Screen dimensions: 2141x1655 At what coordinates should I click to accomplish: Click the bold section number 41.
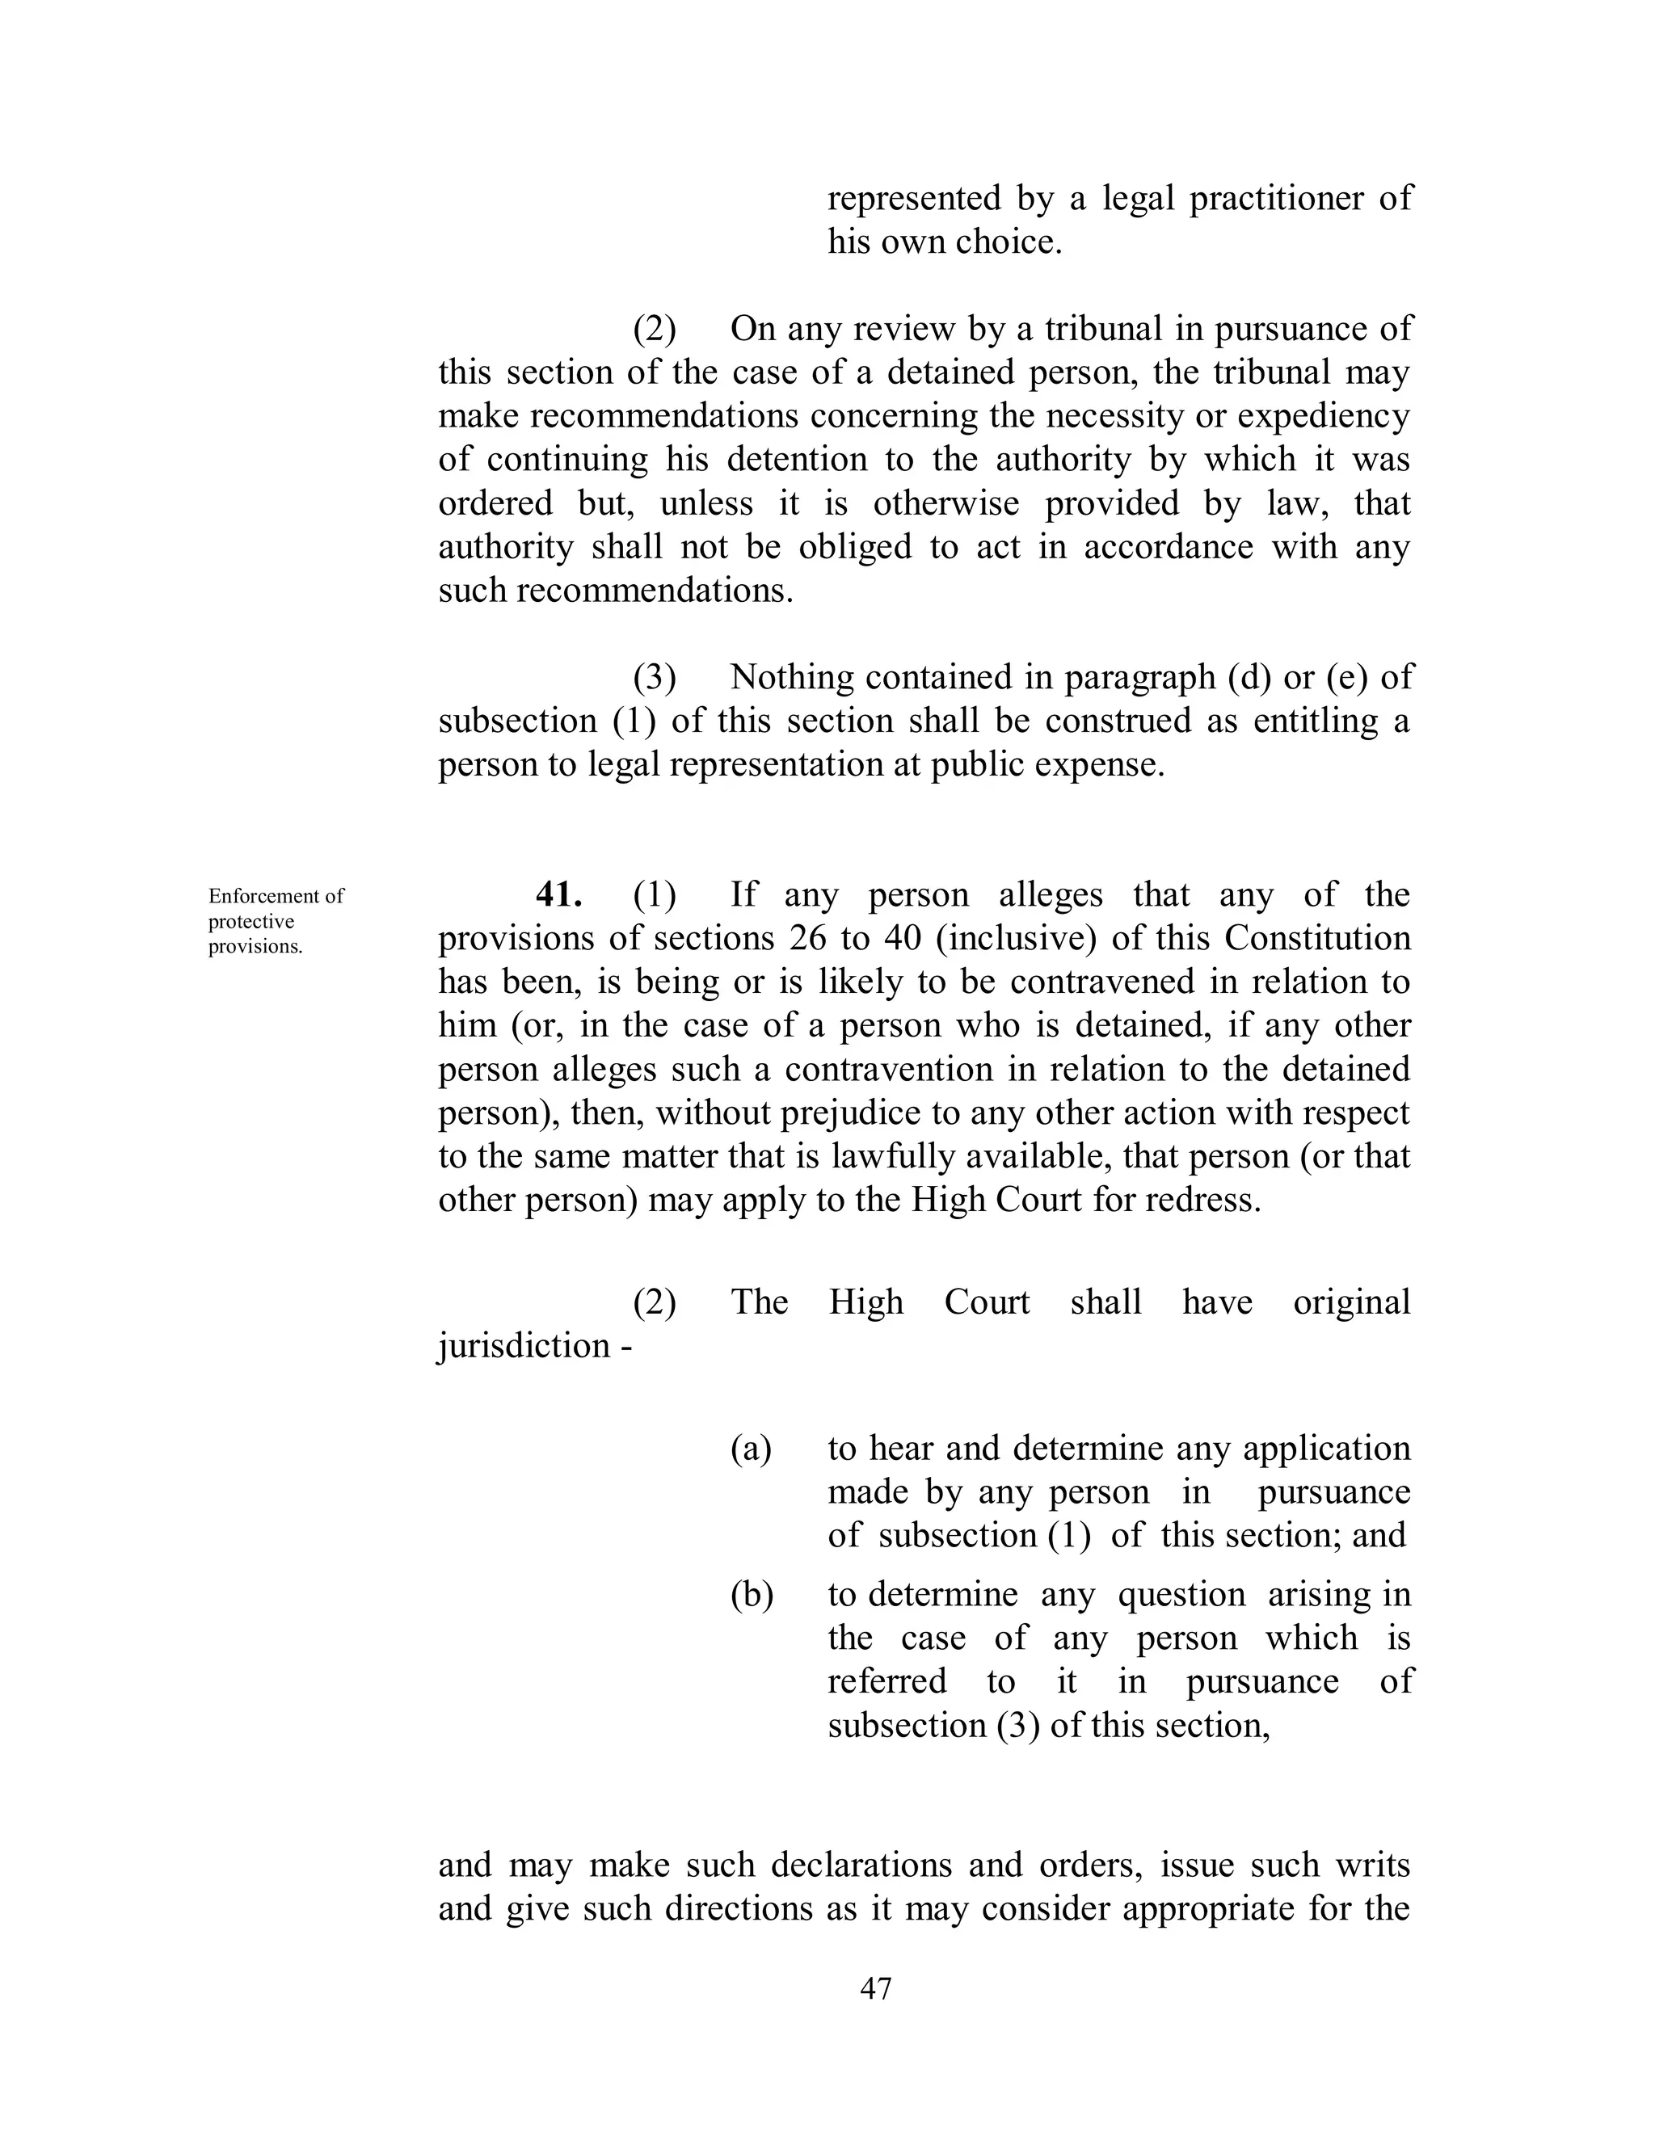click(559, 895)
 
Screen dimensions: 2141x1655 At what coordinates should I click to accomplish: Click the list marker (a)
click(751, 1448)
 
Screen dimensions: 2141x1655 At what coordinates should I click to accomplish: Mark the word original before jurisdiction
click(1351, 1302)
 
